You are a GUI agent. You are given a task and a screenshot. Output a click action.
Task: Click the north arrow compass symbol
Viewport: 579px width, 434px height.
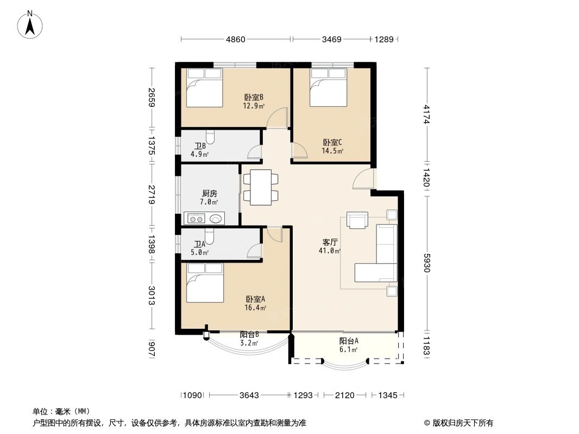[x=30, y=25]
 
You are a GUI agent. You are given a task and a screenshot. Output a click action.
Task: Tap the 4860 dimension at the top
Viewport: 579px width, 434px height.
[x=236, y=39]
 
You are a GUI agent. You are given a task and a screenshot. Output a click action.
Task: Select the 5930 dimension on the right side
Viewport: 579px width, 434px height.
[x=427, y=263]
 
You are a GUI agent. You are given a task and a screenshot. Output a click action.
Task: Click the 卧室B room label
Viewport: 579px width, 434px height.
[x=254, y=97]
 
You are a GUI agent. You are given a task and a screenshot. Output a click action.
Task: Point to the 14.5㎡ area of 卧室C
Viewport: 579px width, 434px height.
[x=333, y=151]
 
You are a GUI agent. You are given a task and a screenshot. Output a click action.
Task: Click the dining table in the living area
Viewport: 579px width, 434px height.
[x=261, y=187]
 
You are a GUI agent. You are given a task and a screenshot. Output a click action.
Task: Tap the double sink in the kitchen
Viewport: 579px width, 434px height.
[x=196, y=219]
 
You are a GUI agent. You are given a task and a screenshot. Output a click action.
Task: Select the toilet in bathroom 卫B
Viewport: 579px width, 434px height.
[x=210, y=136]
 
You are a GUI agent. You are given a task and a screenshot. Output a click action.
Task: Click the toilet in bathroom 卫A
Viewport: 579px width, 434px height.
[x=209, y=237]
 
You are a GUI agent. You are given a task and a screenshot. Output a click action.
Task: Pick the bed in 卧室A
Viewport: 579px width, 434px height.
[x=205, y=283]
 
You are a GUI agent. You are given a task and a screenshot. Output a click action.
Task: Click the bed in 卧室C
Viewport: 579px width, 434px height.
[x=328, y=87]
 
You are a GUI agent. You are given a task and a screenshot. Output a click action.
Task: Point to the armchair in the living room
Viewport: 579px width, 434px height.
[x=357, y=220]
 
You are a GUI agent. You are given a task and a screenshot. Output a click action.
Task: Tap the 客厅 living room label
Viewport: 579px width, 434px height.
[x=330, y=242]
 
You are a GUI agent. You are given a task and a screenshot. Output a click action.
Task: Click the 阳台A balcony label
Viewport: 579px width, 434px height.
[x=349, y=341]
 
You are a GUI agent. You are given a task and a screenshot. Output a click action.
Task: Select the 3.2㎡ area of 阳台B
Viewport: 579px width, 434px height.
[x=249, y=343]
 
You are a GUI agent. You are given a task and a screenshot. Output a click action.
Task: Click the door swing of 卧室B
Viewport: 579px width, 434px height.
[x=278, y=118]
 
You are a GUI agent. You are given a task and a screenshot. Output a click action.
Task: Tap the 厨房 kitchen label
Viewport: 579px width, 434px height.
[x=209, y=193]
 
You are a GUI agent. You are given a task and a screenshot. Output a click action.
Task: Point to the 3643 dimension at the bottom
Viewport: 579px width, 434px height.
[x=249, y=395]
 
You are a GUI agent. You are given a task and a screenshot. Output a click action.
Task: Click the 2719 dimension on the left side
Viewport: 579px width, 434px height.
[x=152, y=194]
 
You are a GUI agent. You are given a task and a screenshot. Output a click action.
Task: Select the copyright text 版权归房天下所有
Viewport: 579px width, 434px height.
[x=462, y=423]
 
